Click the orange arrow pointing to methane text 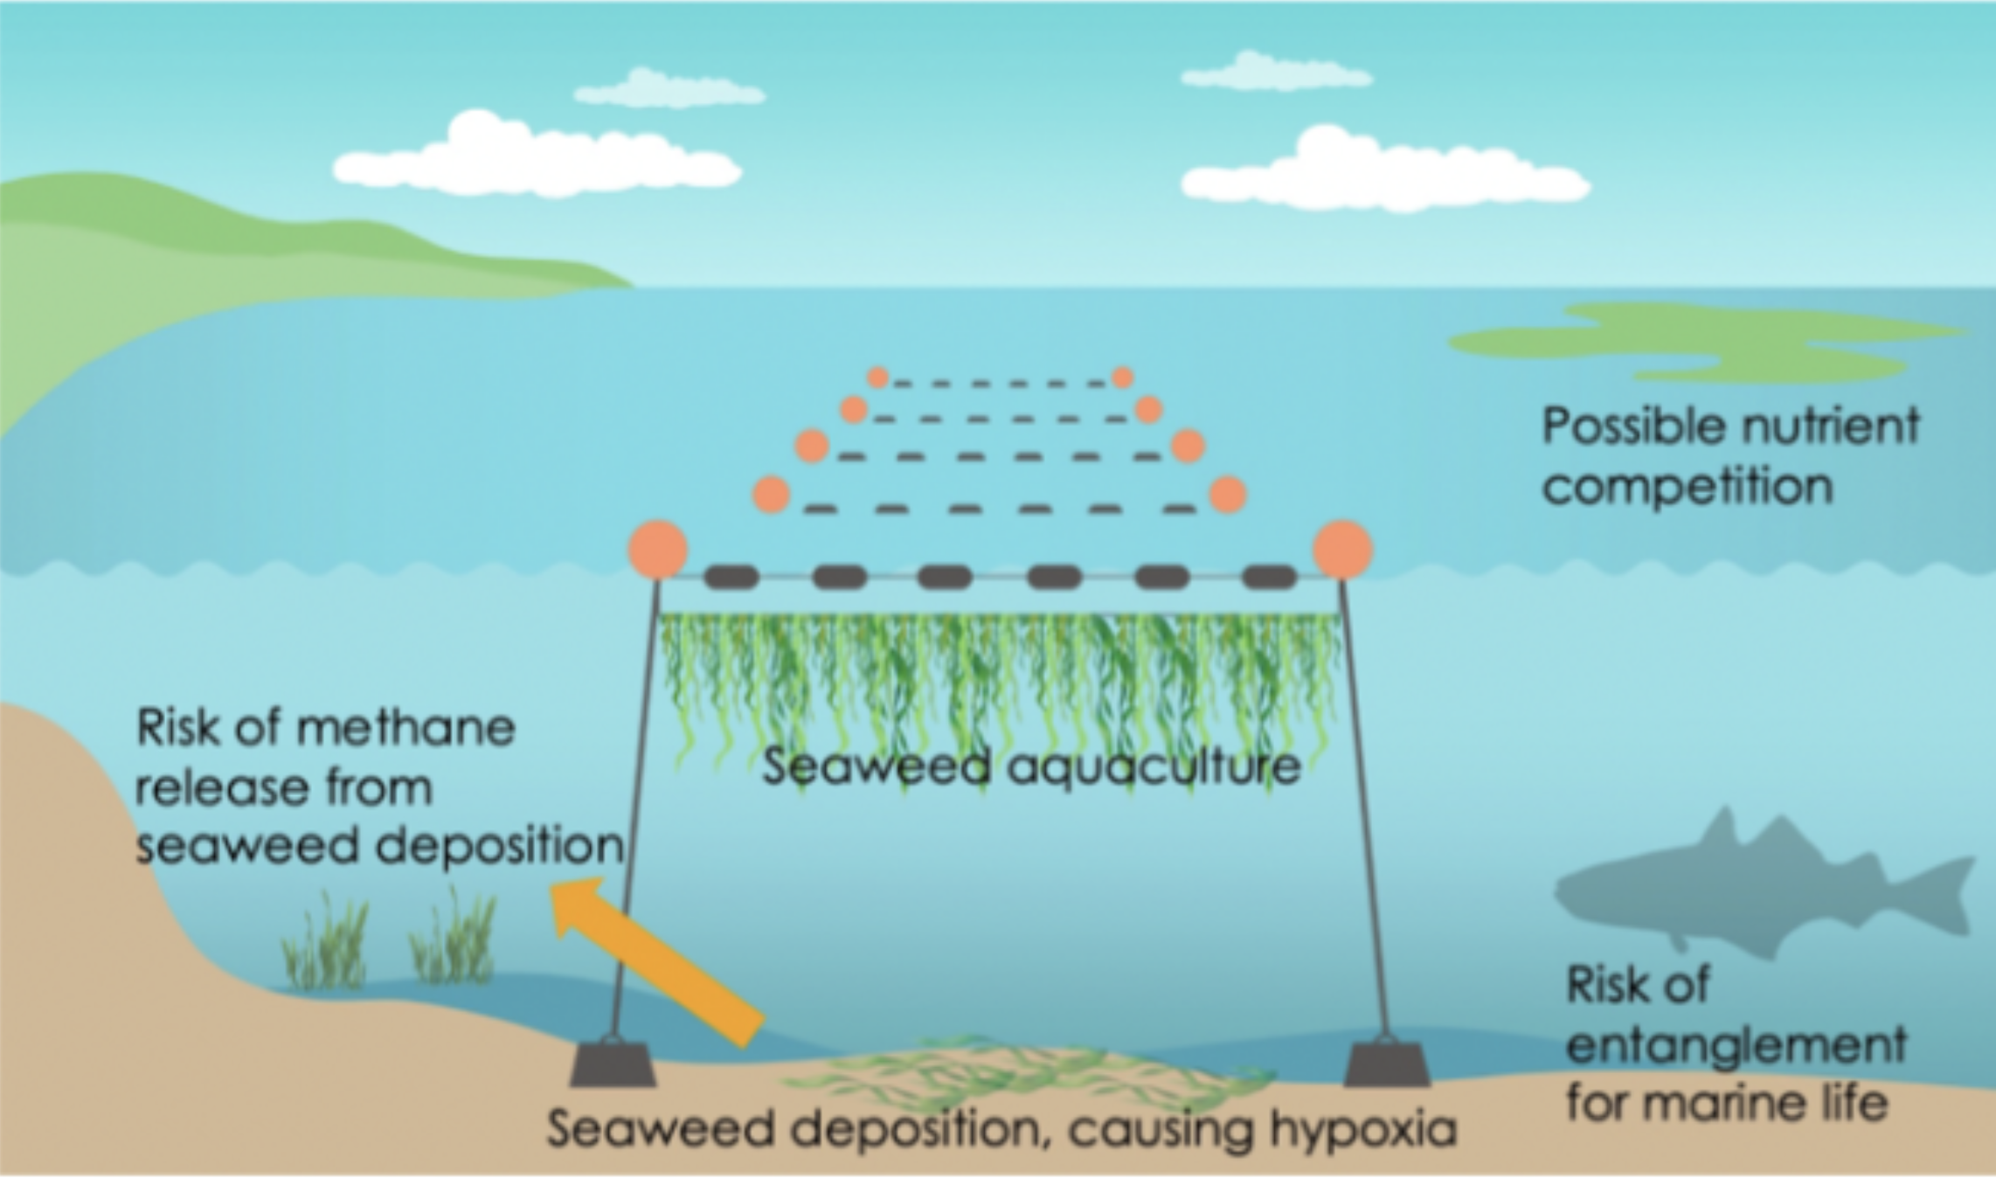pos(655,961)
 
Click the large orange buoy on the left pos(658,550)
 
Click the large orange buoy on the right pos(1343,550)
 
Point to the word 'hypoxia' pos(1363,1130)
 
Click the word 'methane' pos(406,728)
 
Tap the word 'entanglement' pos(1736,1045)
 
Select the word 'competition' pos(1687,486)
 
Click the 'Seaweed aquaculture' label pos(1031,767)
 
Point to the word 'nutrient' pos(1826,426)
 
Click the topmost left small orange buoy pos(877,378)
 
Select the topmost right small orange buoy pos(1122,378)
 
